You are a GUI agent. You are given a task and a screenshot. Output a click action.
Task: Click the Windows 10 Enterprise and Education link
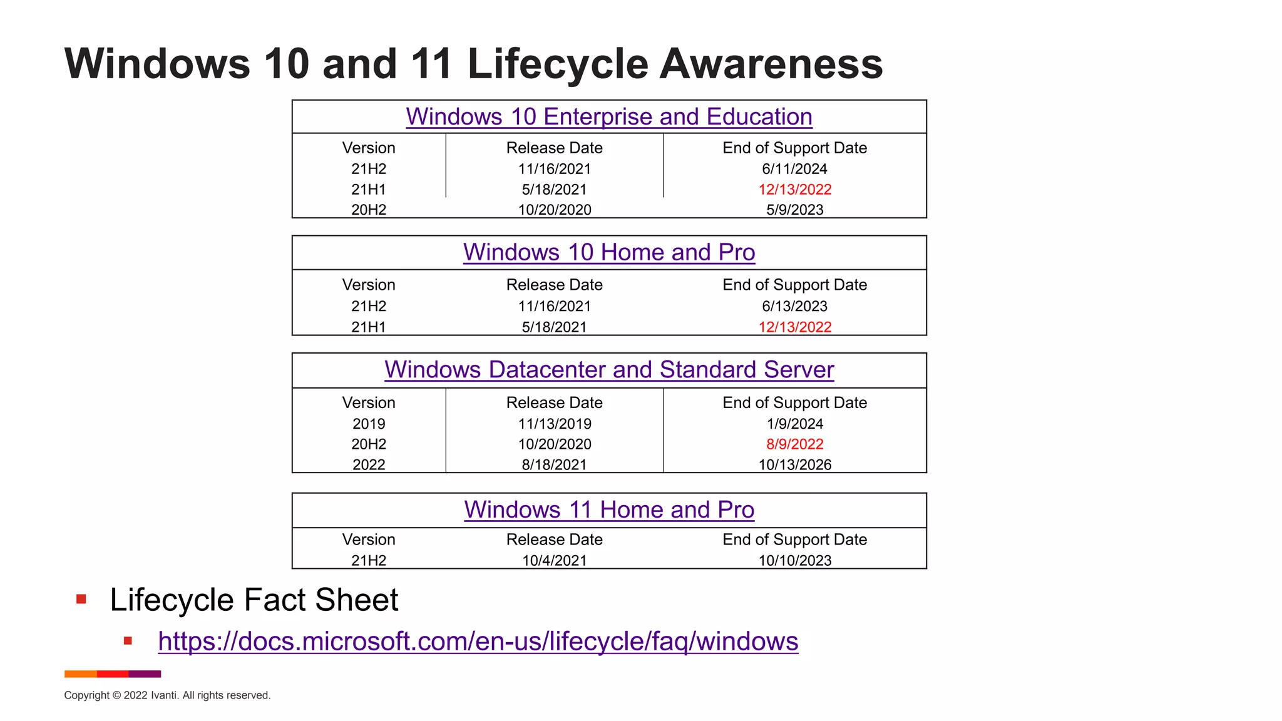[x=608, y=117]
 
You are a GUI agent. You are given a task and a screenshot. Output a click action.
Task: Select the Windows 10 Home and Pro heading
[x=608, y=252]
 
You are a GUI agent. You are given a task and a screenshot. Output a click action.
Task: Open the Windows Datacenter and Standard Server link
[x=608, y=370]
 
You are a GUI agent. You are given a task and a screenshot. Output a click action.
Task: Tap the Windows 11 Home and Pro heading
[x=608, y=510]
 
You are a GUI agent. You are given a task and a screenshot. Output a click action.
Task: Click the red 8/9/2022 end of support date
[x=794, y=444]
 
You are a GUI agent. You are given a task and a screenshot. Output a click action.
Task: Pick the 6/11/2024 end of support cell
[x=794, y=169]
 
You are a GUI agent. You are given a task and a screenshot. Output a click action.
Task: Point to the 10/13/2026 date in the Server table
[x=794, y=465]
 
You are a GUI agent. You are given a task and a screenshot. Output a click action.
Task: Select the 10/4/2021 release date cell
[x=554, y=561]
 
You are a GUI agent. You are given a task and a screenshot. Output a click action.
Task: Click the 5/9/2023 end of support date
[x=794, y=210]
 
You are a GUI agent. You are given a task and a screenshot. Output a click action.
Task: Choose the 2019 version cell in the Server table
[x=369, y=424]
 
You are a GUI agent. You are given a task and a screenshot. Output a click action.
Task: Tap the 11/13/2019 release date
[x=554, y=424]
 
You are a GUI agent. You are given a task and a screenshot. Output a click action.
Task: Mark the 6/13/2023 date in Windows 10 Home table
[x=794, y=307]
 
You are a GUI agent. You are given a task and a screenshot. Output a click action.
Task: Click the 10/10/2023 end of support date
[x=794, y=561]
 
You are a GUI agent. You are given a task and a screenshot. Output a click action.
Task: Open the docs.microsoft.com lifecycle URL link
[x=478, y=642]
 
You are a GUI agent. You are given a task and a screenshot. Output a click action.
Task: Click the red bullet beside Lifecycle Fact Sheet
[x=81, y=600]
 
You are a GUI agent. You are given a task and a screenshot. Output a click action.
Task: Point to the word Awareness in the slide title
[x=771, y=64]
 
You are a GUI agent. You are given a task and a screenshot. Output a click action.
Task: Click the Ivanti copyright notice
[x=167, y=695]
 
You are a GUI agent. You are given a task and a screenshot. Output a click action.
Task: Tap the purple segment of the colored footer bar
[x=145, y=674]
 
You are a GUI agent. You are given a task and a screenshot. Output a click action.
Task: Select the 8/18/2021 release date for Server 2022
[x=554, y=465]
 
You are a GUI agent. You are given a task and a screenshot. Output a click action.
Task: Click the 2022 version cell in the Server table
[x=369, y=465]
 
